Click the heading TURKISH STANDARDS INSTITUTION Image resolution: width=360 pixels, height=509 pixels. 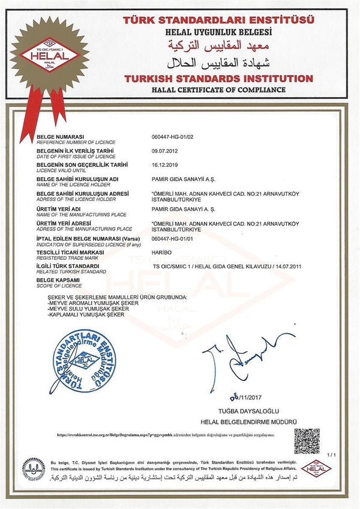pyautogui.click(x=218, y=79)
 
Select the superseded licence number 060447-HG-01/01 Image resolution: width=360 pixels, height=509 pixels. pyautogui.click(x=179, y=239)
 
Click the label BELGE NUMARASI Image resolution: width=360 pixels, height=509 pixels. pyautogui.click(x=60, y=137)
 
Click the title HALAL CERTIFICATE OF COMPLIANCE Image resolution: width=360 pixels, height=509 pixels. pyautogui.click(x=218, y=89)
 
